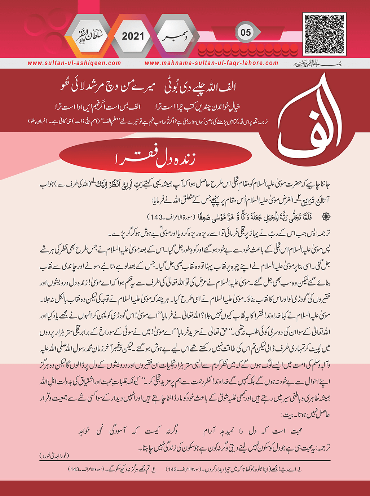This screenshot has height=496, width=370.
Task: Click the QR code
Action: pyautogui.click(x=324, y=34)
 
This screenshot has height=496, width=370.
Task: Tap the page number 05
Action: pyautogui.click(x=246, y=33)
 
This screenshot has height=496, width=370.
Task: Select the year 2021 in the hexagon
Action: pyautogui.click(x=133, y=36)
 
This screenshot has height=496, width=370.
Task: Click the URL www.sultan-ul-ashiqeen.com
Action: pyautogui.click(x=74, y=63)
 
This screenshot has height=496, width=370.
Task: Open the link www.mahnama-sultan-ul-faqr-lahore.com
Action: pyautogui.click(x=212, y=63)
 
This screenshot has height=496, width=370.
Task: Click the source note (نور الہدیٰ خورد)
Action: pyautogui.click(x=54, y=456)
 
